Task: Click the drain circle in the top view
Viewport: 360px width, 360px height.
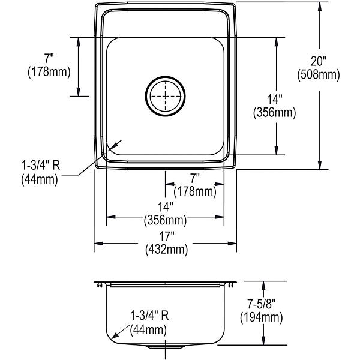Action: click(x=146, y=97)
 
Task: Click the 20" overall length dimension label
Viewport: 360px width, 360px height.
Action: click(x=319, y=62)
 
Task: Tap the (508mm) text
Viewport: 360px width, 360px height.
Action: click(x=319, y=75)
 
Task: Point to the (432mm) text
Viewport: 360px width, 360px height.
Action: click(x=167, y=250)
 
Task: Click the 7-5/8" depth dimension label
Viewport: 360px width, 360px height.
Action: click(x=261, y=304)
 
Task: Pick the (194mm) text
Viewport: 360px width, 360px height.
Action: click(x=262, y=318)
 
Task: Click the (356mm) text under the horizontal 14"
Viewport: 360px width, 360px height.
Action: click(x=166, y=220)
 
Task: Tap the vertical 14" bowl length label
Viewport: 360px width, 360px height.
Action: click(x=275, y=100)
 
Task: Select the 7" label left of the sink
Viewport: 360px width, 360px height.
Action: click(x=49, y=58)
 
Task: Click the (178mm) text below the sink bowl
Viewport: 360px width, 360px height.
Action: click(x=195, y=191)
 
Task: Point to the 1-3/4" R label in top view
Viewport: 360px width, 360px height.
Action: click(x=41, y=166)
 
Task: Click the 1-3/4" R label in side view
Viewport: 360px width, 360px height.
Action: click(x=149, y=316)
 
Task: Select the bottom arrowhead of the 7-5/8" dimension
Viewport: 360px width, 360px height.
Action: click(x=263, y=340)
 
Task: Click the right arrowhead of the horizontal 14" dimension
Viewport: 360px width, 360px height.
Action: click(x=220, y=217)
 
